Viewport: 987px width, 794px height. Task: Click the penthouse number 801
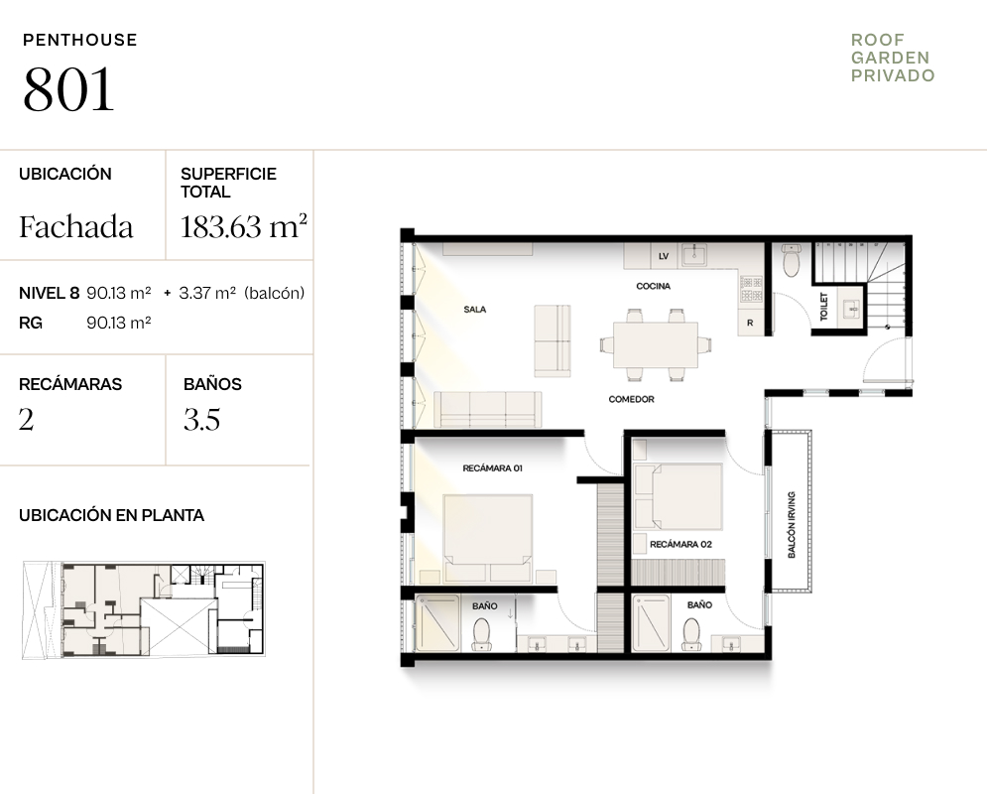click(x=68, y=89)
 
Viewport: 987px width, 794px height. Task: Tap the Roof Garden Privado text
click(x=893, y=58)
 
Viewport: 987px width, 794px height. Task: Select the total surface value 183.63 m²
click(x=244, y=226)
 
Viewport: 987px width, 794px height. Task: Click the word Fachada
click(x=76, y=226)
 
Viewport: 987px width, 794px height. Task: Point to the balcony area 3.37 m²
click(x=207, y=293)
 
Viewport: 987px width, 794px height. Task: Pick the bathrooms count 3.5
click(x=202, y=420)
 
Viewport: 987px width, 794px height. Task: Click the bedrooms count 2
click(x=26, y=420)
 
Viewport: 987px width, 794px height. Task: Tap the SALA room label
click(x=474, y=309)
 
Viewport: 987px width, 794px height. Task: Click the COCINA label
click(x=654, y=286)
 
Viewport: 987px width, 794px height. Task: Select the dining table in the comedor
click(x=656, y=344)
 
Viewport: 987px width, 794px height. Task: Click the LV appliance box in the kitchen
click(x=664, y=256)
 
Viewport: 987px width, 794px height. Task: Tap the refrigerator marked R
click(x=750, y=323)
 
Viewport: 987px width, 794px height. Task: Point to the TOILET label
click(x=824, y=307)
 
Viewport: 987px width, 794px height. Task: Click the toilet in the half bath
click(x=791, y=261)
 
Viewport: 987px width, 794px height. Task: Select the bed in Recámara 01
click(x=488, y=538)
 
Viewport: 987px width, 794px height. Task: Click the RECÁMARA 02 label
click(x=681, y=544)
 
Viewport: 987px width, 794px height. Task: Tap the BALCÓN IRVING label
click(x=792, y=524)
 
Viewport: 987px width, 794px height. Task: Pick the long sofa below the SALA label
click(x=488, y=409)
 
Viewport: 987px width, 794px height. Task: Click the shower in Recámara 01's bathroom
click(x=436, y=623)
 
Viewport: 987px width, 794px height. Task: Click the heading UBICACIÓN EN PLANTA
click(x=111, y=515)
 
